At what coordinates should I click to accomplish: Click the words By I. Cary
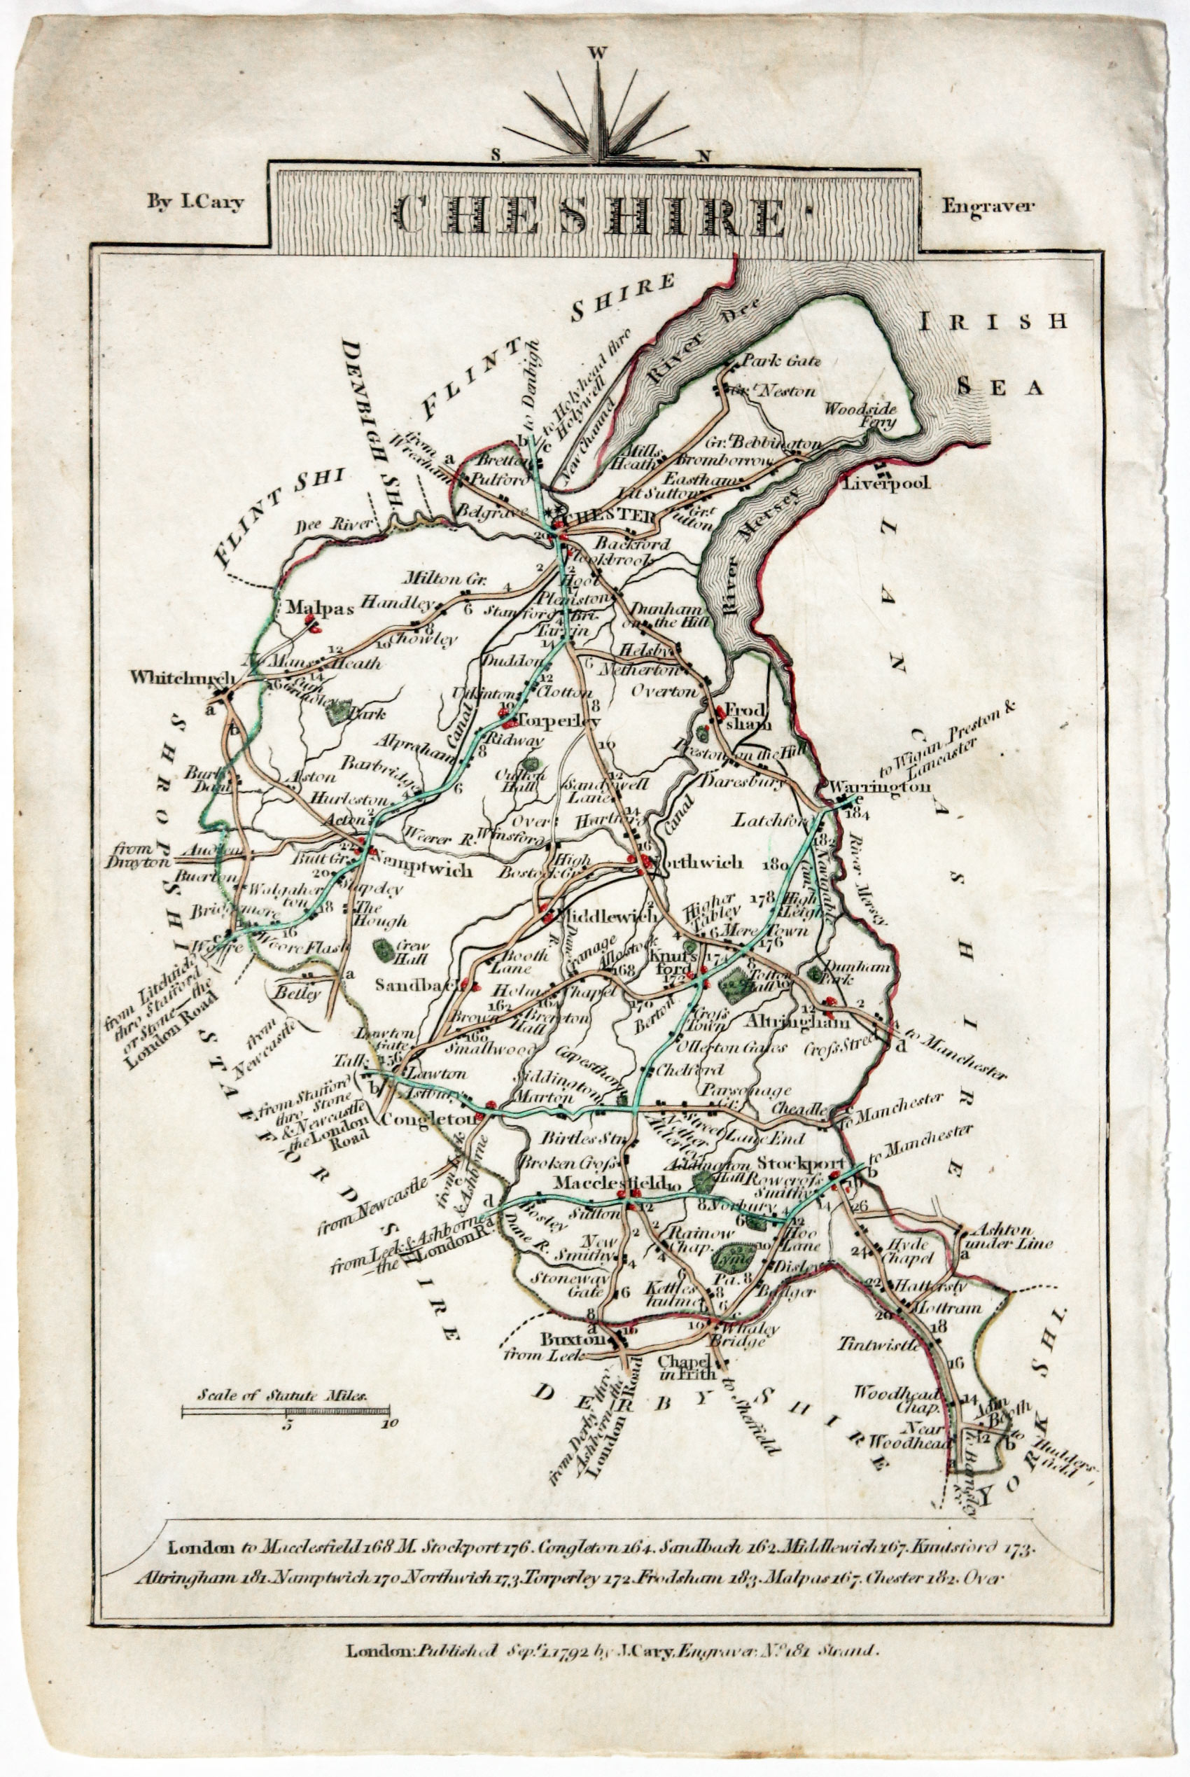point(195,204)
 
